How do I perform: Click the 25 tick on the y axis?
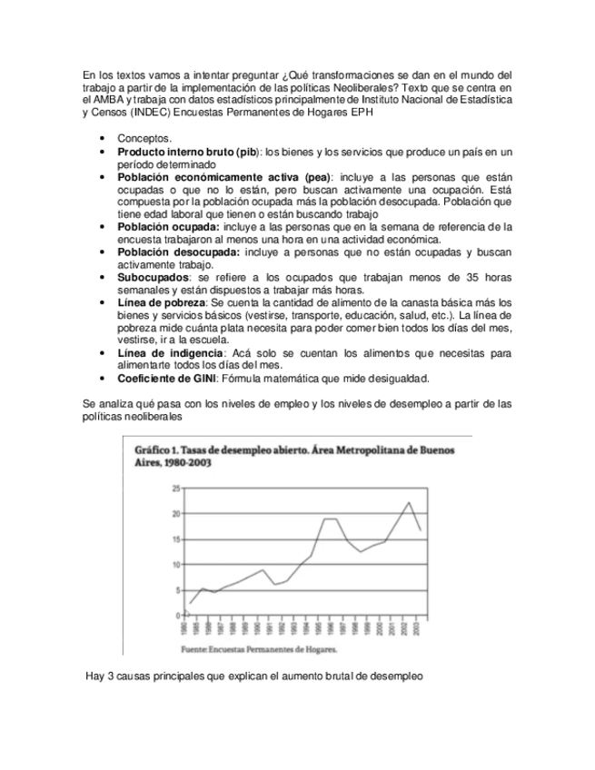click(176, 489)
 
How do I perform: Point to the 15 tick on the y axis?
click(176, 539)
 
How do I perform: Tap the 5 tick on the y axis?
click(177, 590)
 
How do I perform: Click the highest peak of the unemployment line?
click(409, 503)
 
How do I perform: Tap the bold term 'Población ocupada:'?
click(169, 226)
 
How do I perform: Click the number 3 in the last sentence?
click(112, 676)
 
